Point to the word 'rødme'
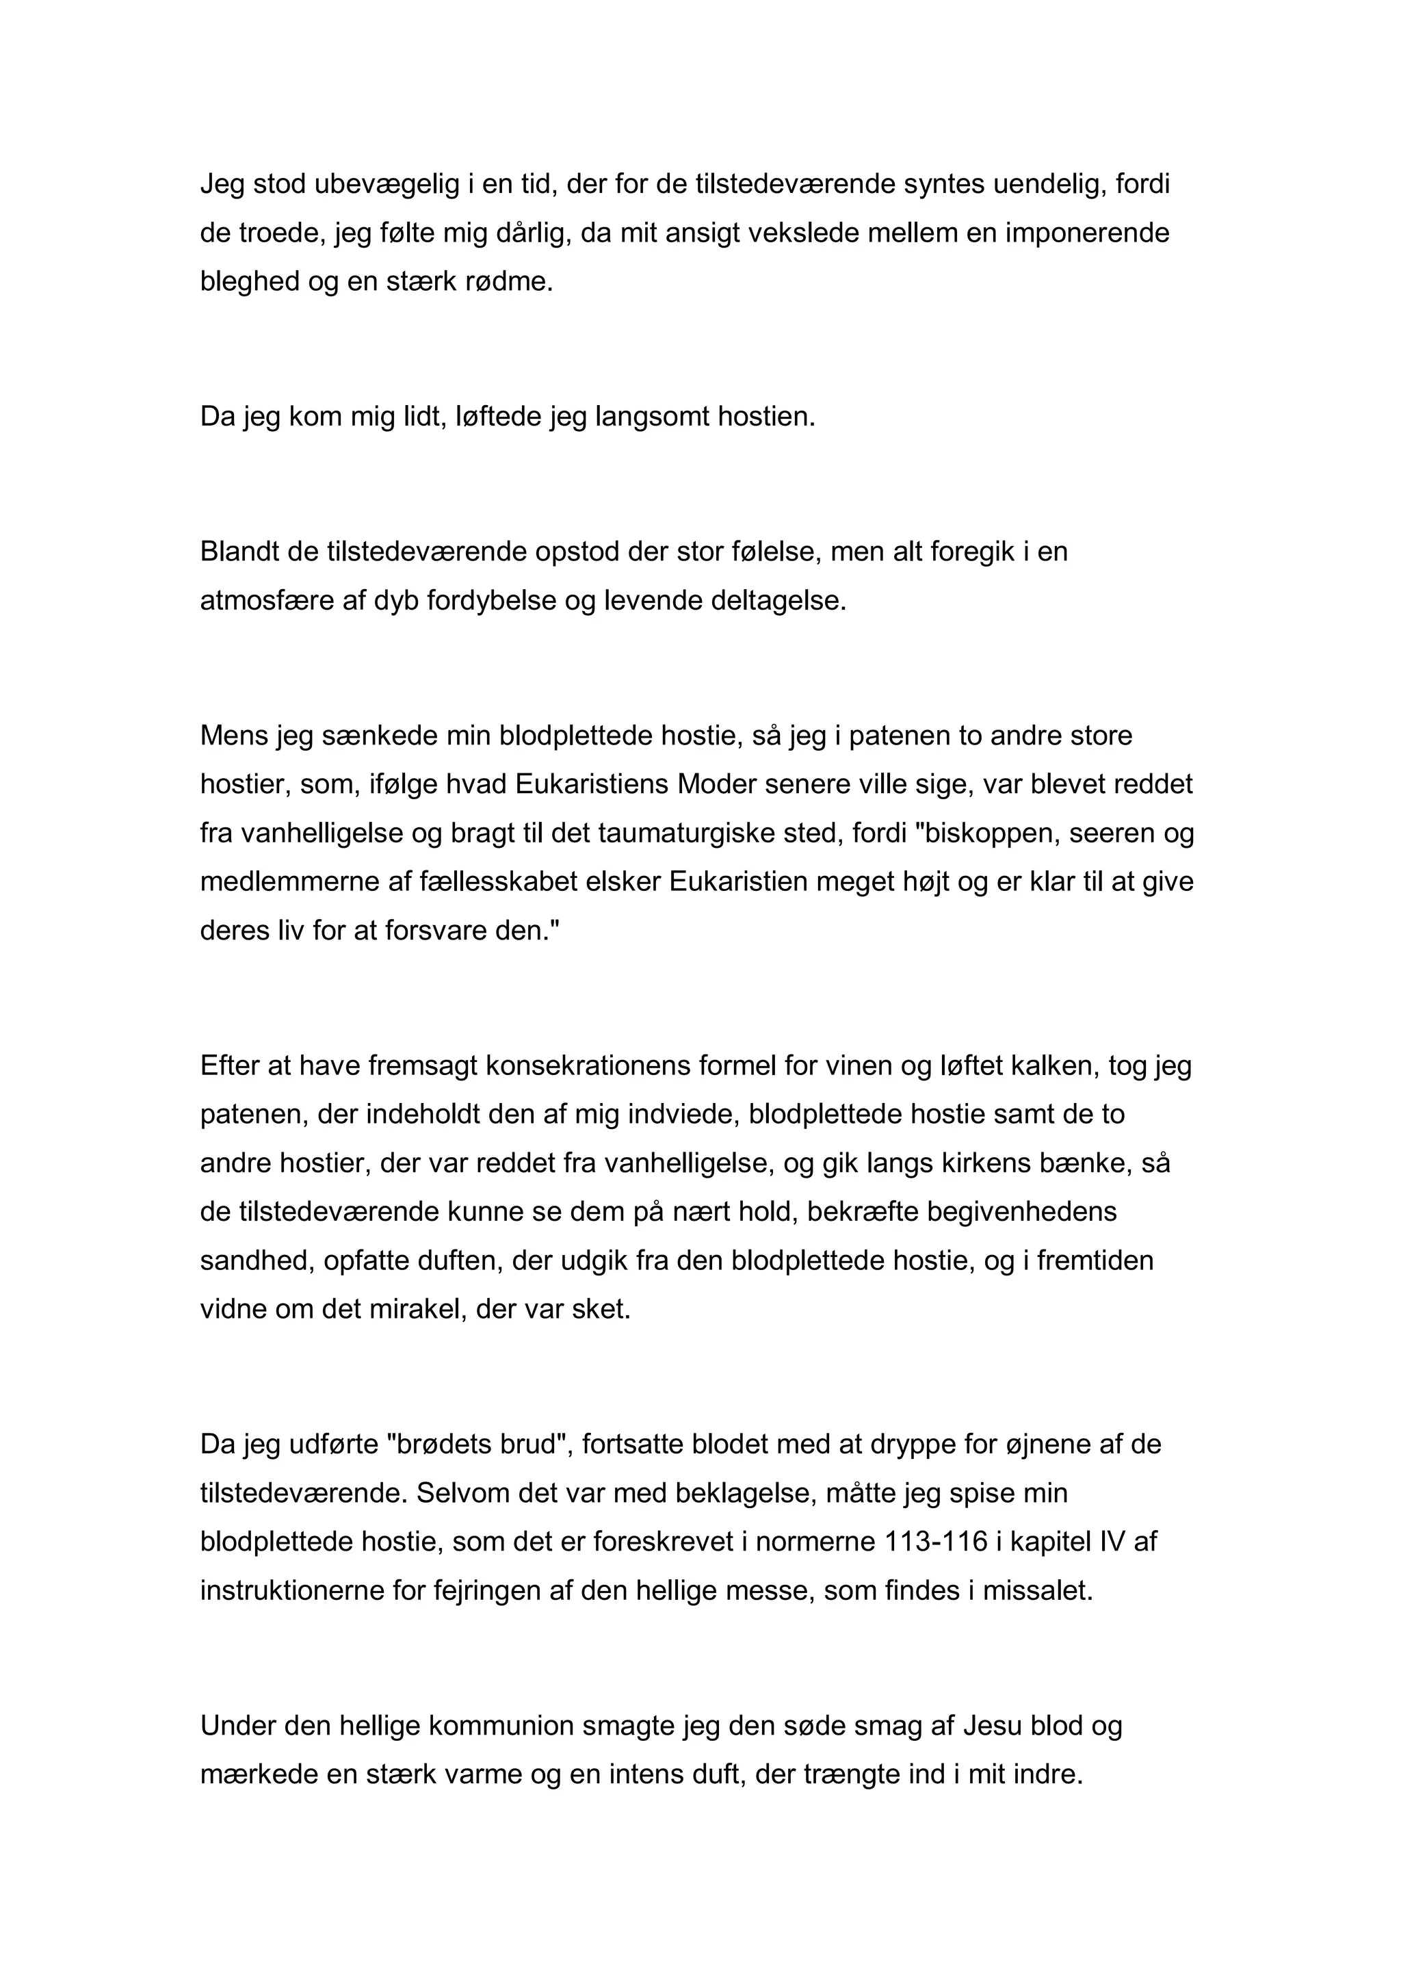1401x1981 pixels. (x=508, y=282)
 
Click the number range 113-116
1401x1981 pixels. (x=936, y=1542)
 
